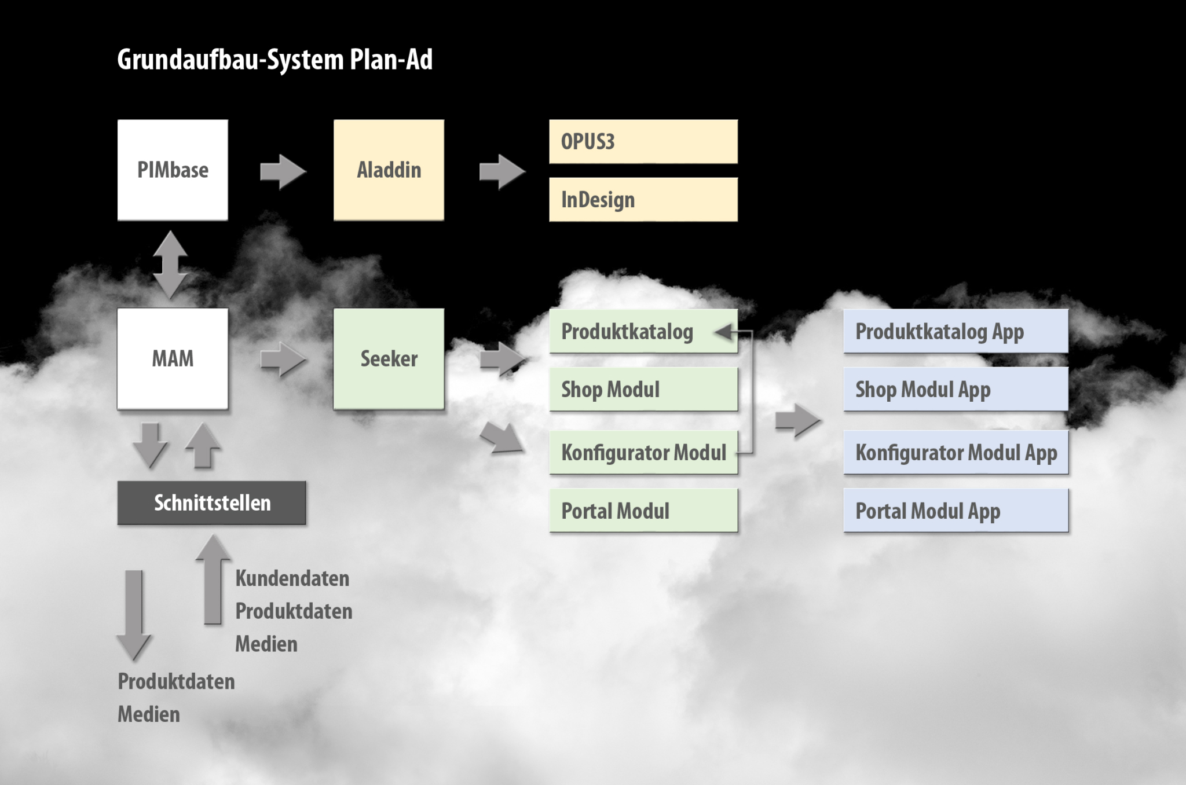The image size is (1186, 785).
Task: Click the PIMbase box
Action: point(173,170)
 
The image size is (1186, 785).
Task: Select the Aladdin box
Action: point(389,170)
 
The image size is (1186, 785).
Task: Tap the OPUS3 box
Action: point(643,141)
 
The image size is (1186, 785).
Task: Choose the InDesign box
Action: point(643,199)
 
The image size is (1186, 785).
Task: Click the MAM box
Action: point(173,358)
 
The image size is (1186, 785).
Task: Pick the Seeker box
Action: point(389,358)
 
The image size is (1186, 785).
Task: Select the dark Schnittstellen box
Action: point(211,502)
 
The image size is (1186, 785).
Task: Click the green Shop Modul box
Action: point(643,389)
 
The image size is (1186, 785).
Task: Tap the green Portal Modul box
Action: point(643,510)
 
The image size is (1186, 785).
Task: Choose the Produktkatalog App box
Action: point(956,331)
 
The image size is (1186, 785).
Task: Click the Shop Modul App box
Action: point(956,389)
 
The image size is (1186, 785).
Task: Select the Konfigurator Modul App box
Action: point(956,452)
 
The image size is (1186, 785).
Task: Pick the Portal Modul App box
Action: point(956,510)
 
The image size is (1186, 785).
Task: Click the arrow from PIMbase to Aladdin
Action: point(283,172)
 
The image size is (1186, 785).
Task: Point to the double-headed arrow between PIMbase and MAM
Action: point(170,265)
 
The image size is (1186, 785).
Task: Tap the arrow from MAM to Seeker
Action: point(283,359)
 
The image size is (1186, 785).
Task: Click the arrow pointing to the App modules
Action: point(798,421)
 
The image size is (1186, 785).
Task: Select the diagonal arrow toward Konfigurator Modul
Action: point(502,437)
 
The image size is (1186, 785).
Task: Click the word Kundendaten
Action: point(292,578)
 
